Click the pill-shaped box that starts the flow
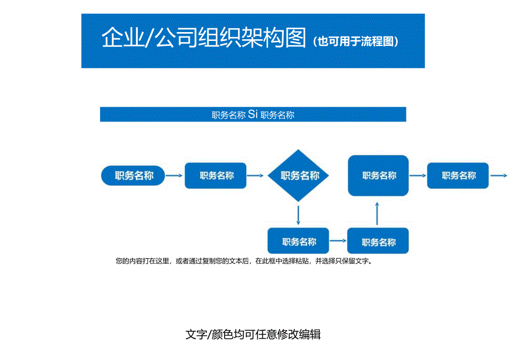tap(134, 176)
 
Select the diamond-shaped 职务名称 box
tap(299, 176)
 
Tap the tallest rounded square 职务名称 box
tap(378, 175)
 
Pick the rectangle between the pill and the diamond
tap(216, 176)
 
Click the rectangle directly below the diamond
tap(298, 242)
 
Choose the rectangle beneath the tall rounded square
tap(378, 242)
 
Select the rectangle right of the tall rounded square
tap(458, 175)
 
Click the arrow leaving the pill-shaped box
tap(174, 176)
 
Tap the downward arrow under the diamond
tap(299, 215)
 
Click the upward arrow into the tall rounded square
tap(377, 213)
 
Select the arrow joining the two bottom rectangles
tap(338, 242)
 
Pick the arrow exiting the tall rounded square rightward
tap(418, 175)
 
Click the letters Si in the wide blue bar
tap(253, 114)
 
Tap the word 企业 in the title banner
tap(121, 39)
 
